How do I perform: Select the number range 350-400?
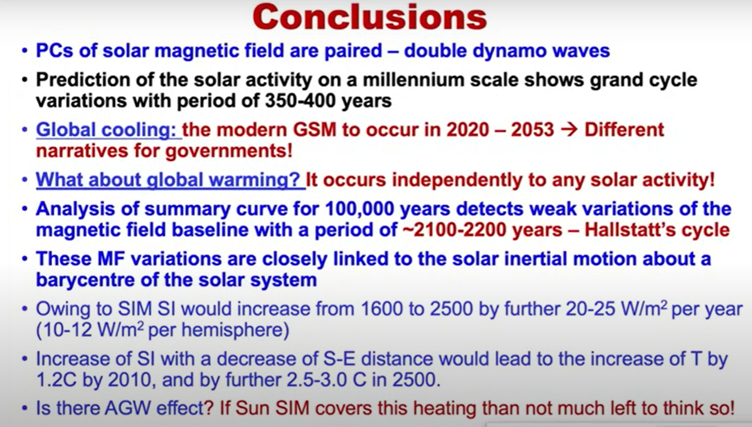(x=300, y=100)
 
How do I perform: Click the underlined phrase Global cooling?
(x=108, y=130)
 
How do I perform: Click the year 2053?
(x=532, y=130)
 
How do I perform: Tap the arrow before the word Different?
(x=569, y=130)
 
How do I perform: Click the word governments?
(x=229, y=151)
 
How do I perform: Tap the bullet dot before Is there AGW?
(x=25, y=408)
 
